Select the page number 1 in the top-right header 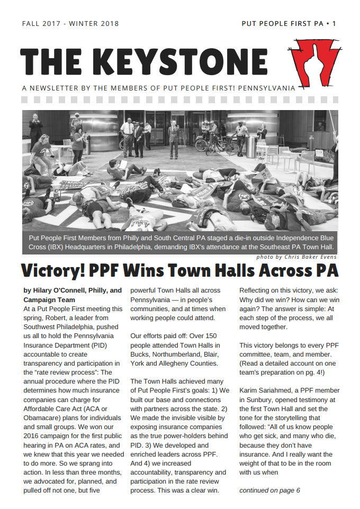click(x=334, y=24)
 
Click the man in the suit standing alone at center click(x=173, y=139)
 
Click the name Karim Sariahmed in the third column click(x=266, y=391)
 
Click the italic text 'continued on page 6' click(x=269, y=490)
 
